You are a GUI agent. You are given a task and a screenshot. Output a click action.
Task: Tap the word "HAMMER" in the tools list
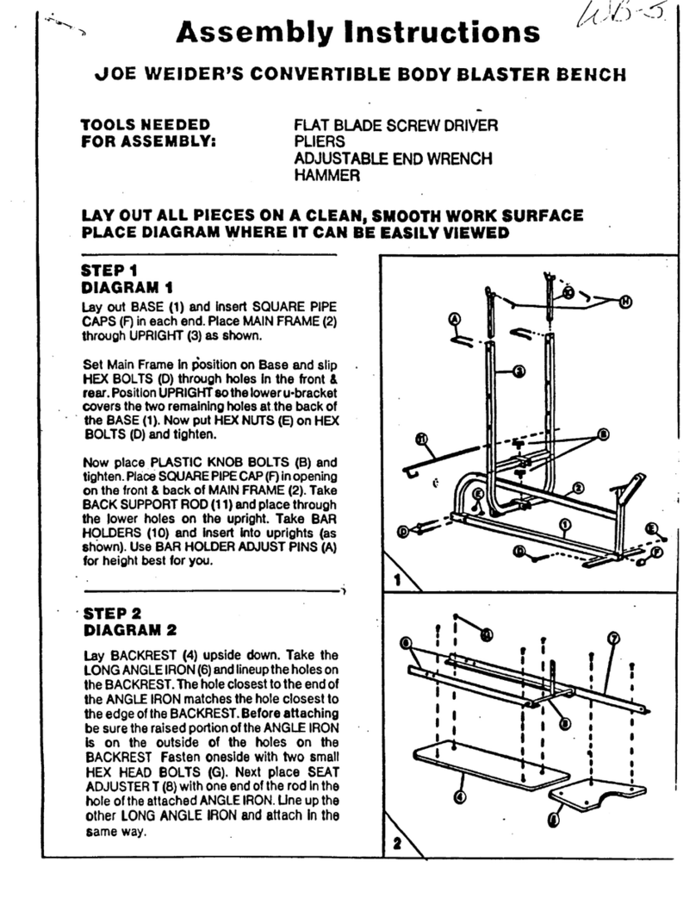(327, 175)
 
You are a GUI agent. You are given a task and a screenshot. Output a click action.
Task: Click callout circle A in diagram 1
(456, 319)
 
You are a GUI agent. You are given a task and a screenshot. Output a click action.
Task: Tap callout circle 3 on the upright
(519, 371)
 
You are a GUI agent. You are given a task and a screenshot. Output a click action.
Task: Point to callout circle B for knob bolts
(603, 434)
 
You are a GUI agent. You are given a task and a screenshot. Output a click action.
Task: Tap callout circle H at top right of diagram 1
(625, 299)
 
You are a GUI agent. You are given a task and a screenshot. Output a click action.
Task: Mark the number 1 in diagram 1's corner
(397, 581)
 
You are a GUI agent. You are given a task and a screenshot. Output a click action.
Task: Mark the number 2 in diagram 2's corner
(397, 843)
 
